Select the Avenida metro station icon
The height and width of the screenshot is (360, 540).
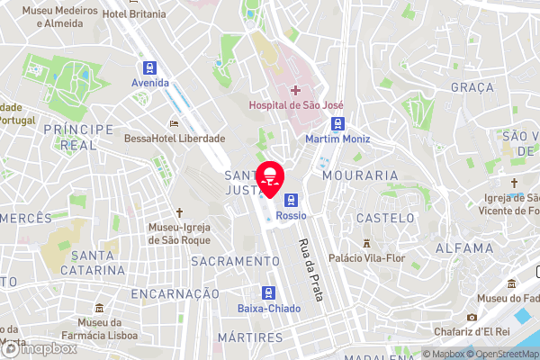[x=149, y=67]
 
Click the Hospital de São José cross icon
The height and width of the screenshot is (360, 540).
[x=296, y=90]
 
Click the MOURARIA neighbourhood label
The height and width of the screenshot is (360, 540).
[x=360, y=175]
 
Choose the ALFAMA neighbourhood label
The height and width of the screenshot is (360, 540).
[x=463, y=247]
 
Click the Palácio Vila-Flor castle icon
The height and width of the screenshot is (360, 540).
[x=367, y=242]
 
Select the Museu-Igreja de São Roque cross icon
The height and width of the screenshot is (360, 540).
[x=179, y=213]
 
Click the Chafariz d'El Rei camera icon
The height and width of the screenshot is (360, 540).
[x=472, y=317]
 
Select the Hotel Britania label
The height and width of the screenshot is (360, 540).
[x=134, y=14]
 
